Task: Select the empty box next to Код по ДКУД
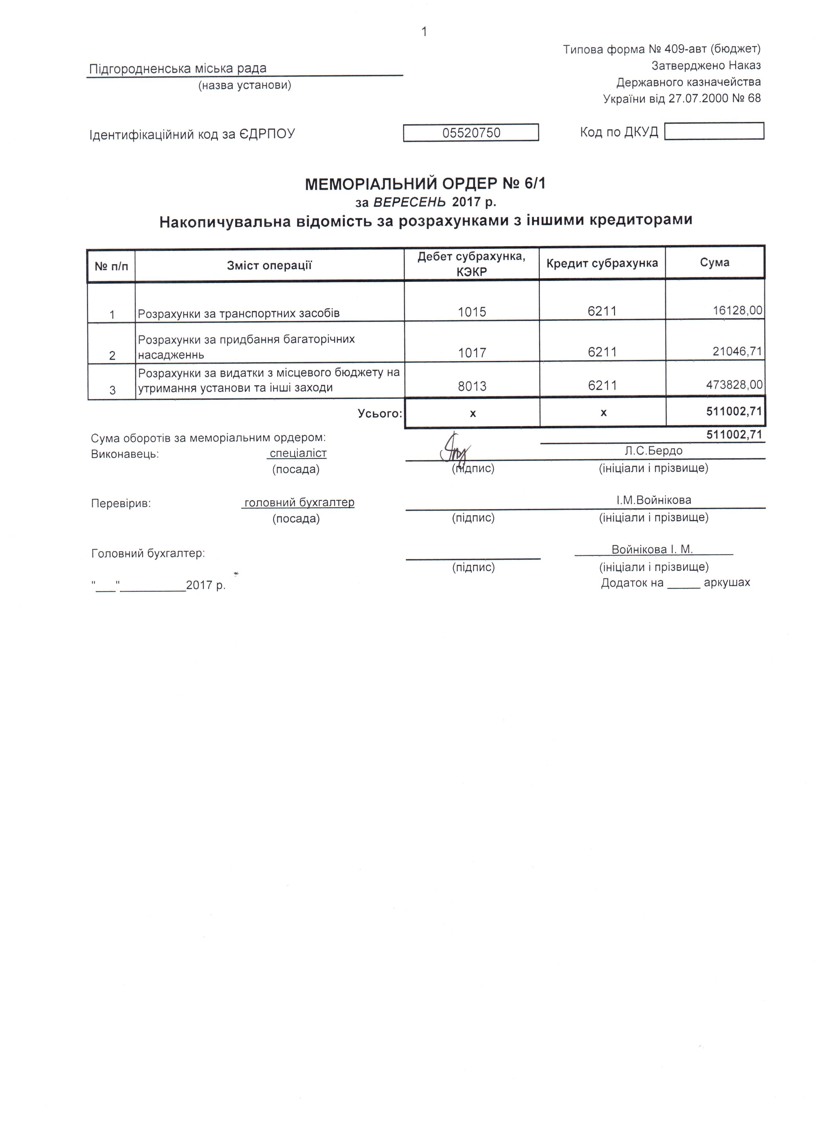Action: (714, 131)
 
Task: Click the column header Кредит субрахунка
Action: (602, 263)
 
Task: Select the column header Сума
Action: (715, 262)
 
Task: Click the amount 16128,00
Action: (737, 311)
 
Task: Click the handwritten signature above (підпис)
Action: (454, 448)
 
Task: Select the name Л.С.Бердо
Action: (653, 451)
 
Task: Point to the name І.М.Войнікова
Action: (653, 500)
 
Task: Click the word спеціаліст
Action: (298, 453)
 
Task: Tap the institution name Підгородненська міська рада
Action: (177, 69)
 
